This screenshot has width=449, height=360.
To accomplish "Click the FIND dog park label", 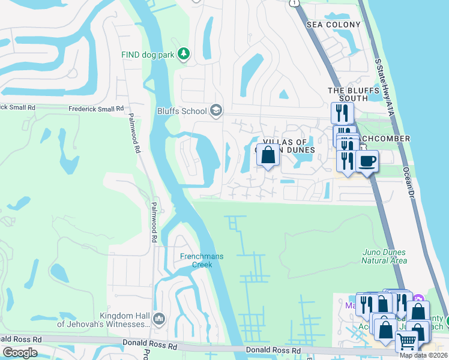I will pos(148,55).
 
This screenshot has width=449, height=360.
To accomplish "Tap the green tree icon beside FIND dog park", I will pos(184,55).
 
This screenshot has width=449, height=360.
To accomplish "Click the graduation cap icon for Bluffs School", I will pos(215,110).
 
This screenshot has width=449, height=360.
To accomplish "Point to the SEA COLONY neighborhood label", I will pos(334,25).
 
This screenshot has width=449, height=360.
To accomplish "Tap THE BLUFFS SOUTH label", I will pos(353,95).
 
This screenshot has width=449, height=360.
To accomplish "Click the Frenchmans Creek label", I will pos(202,260).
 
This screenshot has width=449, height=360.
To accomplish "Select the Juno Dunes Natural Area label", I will pos(384,256).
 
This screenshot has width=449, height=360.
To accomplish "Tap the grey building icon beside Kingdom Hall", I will pos(159,318).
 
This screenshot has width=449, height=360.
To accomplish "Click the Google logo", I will pos(20,352).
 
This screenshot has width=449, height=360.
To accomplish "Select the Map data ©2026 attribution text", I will pos(424,355).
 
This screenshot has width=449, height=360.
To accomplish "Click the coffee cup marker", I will pos(367,161).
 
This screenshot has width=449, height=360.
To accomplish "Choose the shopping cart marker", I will pos(407,343).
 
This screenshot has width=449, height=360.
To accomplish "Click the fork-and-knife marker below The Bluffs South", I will pos(342,112).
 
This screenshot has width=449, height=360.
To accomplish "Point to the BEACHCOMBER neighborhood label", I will pos(384,139).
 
